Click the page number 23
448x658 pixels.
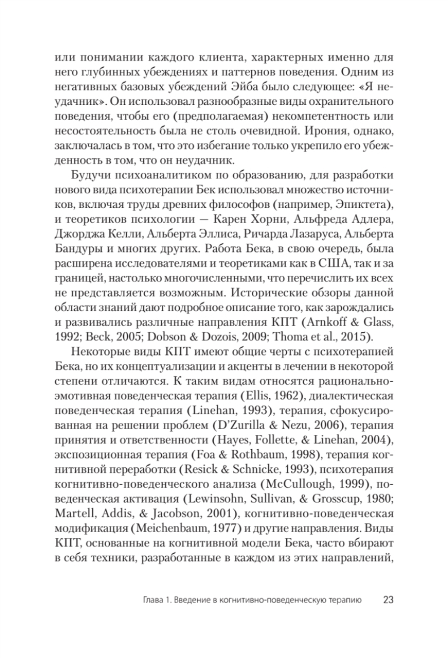click(x=388, y=599)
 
